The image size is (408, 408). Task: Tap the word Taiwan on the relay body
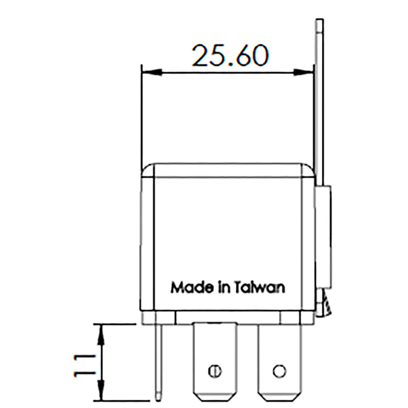tap(260, 287)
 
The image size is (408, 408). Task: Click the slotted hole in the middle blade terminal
tap(215, 371)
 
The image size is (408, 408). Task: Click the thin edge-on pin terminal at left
tap(159, 359)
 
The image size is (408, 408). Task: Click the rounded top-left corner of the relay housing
tap(147, 170)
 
